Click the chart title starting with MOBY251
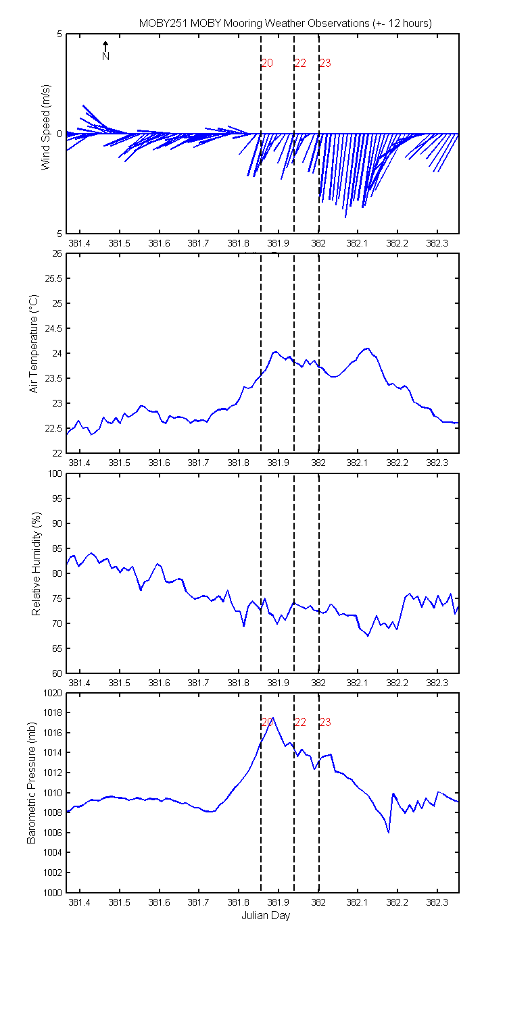click(285, 23)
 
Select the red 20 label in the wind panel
click(267, 63)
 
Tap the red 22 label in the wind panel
click(300, 63)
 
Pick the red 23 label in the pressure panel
click(325, 722)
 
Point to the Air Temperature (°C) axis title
click(34, 344)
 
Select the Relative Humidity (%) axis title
click(37, 564)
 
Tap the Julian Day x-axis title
click(266, 925)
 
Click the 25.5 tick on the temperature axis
click(53, 278)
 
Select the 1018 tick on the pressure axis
click(53, 712)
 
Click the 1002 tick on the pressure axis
click(53, 873)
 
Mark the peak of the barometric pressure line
click(272, 718)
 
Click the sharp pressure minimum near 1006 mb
click(389, 832)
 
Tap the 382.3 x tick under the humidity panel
click(437, 683)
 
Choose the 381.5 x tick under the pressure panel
click(119, 902)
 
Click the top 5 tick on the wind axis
click(59, 34)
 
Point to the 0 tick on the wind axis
click(59, 134)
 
